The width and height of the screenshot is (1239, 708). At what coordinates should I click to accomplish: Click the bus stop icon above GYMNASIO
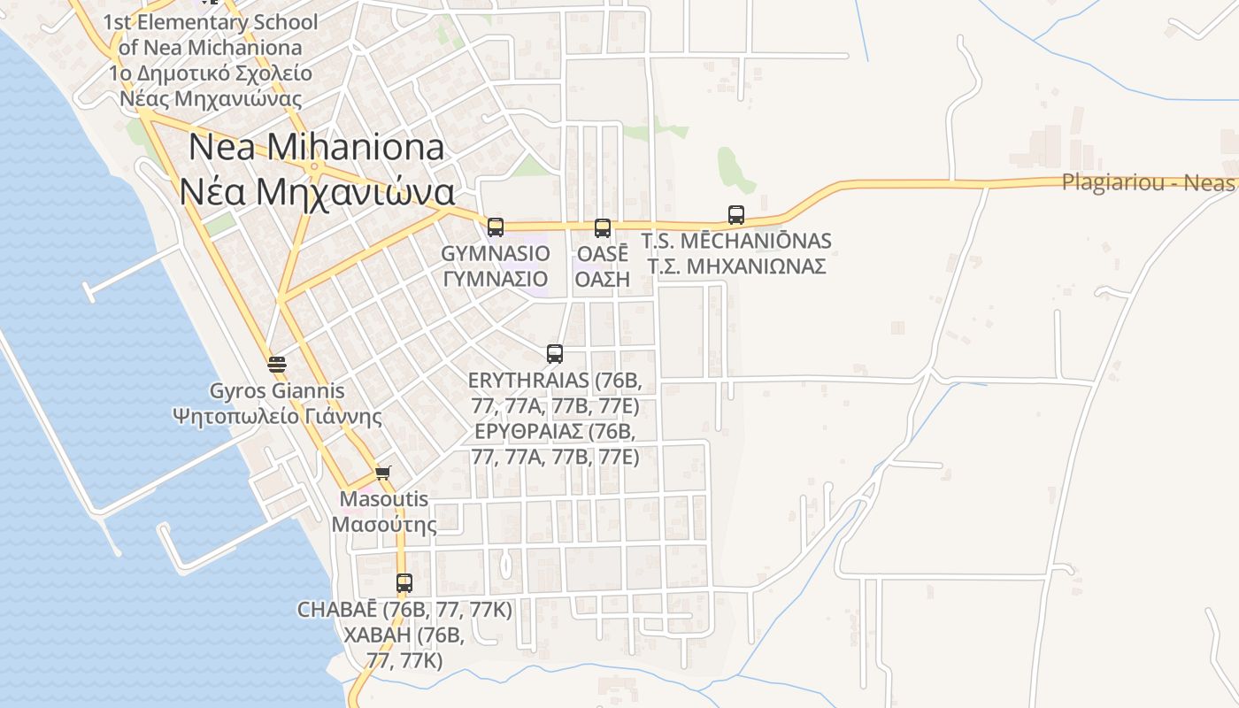[x=496, y=227]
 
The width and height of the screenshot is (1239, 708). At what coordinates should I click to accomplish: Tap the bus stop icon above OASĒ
[x=603, y=228]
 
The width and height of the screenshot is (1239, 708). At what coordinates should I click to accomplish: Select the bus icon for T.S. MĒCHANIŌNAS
[x=736, y=214]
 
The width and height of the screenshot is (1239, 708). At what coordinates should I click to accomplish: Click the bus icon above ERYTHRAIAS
[x=555, y=354]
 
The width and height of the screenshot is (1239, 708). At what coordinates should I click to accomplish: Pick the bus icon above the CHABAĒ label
[x=404, y=583]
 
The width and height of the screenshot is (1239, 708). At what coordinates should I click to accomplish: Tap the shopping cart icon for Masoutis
[x=382, y=473]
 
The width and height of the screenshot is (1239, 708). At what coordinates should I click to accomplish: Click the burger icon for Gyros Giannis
[x=277, y=364]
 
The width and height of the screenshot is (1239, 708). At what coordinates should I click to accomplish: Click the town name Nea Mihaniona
[x=317, y=147]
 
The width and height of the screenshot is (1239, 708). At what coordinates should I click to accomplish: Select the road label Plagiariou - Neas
[x=1148, y=183]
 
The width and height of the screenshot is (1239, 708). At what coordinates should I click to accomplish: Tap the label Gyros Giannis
[x=277, y=390]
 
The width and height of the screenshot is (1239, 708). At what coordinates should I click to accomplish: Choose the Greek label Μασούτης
[x=384, y=525]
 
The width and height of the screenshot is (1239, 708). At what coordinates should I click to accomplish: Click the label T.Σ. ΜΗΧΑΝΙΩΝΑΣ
[x=736, y=266]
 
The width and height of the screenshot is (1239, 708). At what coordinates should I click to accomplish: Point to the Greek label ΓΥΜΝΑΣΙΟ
[x=496, y=280]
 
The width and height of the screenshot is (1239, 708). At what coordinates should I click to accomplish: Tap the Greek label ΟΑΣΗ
[x=602, y=280]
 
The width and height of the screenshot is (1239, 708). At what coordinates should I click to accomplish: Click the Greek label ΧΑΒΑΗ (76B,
[x=404, y=635]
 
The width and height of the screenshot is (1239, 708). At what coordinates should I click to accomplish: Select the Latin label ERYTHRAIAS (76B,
[x=555, y=381]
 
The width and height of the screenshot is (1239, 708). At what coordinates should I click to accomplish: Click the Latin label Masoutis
[x=384, y=499]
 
